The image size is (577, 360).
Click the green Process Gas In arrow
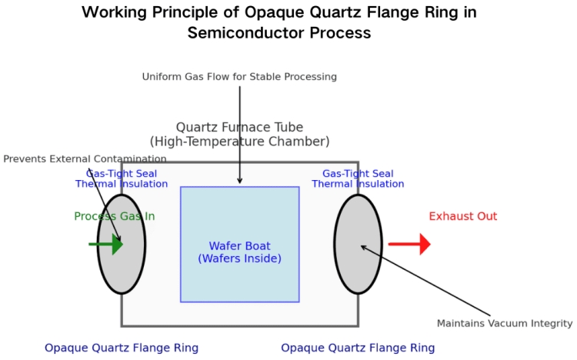(106, 244)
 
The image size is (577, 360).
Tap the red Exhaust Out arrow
(409, 244)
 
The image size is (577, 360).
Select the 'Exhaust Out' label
(463, 216)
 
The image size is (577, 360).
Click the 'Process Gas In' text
(115, 216)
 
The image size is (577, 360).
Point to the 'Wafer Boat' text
(239, 246)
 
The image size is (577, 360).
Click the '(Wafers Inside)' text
(239, 258)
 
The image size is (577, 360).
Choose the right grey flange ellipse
(358, 245)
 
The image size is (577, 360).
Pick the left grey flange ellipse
(122, 245)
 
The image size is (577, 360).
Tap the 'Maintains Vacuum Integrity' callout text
(505, 323)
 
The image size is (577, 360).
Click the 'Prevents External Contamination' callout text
(85, 159)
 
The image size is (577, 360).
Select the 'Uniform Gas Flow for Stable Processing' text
(239, 77)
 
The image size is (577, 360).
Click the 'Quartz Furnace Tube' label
(239, 128)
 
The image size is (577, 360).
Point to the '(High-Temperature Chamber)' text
(239, 142)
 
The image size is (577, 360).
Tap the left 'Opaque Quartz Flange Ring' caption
(122, 348)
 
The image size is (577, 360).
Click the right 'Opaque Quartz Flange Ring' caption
(358, 348)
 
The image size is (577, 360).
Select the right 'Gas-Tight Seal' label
(358, 173)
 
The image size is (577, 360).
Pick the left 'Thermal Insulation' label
(122, 184)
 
